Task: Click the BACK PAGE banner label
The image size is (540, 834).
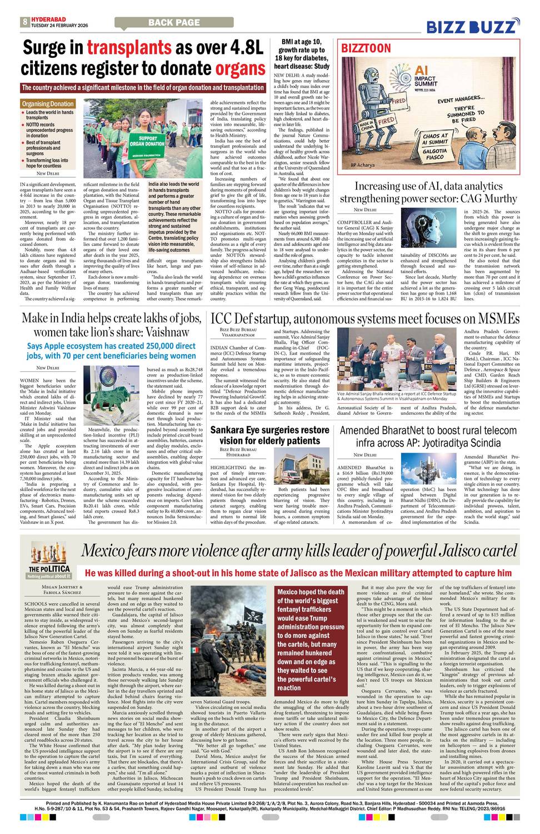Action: click(174, 22)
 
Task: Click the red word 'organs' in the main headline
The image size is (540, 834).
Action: click(240, 68)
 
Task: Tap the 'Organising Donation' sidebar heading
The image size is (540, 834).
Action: click(48, 104)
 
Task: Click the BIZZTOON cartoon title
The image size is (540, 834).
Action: click(366, 49)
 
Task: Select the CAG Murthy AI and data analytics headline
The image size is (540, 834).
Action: click(428, 192)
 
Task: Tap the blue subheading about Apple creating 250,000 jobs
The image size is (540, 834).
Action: click(111, 351)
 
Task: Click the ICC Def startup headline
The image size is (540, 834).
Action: click(364, 319)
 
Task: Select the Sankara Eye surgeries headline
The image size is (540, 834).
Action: click(269, 435)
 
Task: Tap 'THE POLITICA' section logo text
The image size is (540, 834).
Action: click(49, 569)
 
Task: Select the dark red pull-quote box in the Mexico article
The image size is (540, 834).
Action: click(311, 639)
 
